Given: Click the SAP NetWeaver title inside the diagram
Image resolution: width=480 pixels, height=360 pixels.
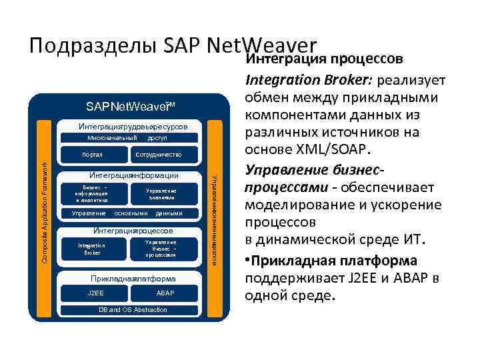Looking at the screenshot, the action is pos(129,107).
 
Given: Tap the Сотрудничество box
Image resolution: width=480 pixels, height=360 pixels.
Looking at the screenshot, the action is pos(157,154).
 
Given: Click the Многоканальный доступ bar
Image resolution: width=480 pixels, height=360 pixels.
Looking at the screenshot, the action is pos(127,138).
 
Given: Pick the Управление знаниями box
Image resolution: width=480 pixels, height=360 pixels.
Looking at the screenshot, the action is pos(161,194).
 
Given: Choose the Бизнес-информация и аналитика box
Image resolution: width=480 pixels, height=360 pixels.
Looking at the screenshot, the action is pos(91,193).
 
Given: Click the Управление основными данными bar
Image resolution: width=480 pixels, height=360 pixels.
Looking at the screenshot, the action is pos(126,213).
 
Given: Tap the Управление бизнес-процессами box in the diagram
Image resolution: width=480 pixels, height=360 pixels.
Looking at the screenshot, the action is pos(160,249).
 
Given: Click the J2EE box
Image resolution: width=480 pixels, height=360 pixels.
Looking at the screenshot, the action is pos(95,293).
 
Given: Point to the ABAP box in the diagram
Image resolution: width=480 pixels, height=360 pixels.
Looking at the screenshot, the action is pos(165,293).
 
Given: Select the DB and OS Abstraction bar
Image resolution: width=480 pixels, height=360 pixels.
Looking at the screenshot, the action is pos(127,310).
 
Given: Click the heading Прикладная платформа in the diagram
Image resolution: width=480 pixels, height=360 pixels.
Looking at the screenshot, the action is pos(133,278).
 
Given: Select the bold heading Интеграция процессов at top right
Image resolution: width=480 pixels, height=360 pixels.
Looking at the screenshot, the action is pos(324,60).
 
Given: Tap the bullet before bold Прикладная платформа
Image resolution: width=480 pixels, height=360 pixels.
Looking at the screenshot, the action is pos(249,261).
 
